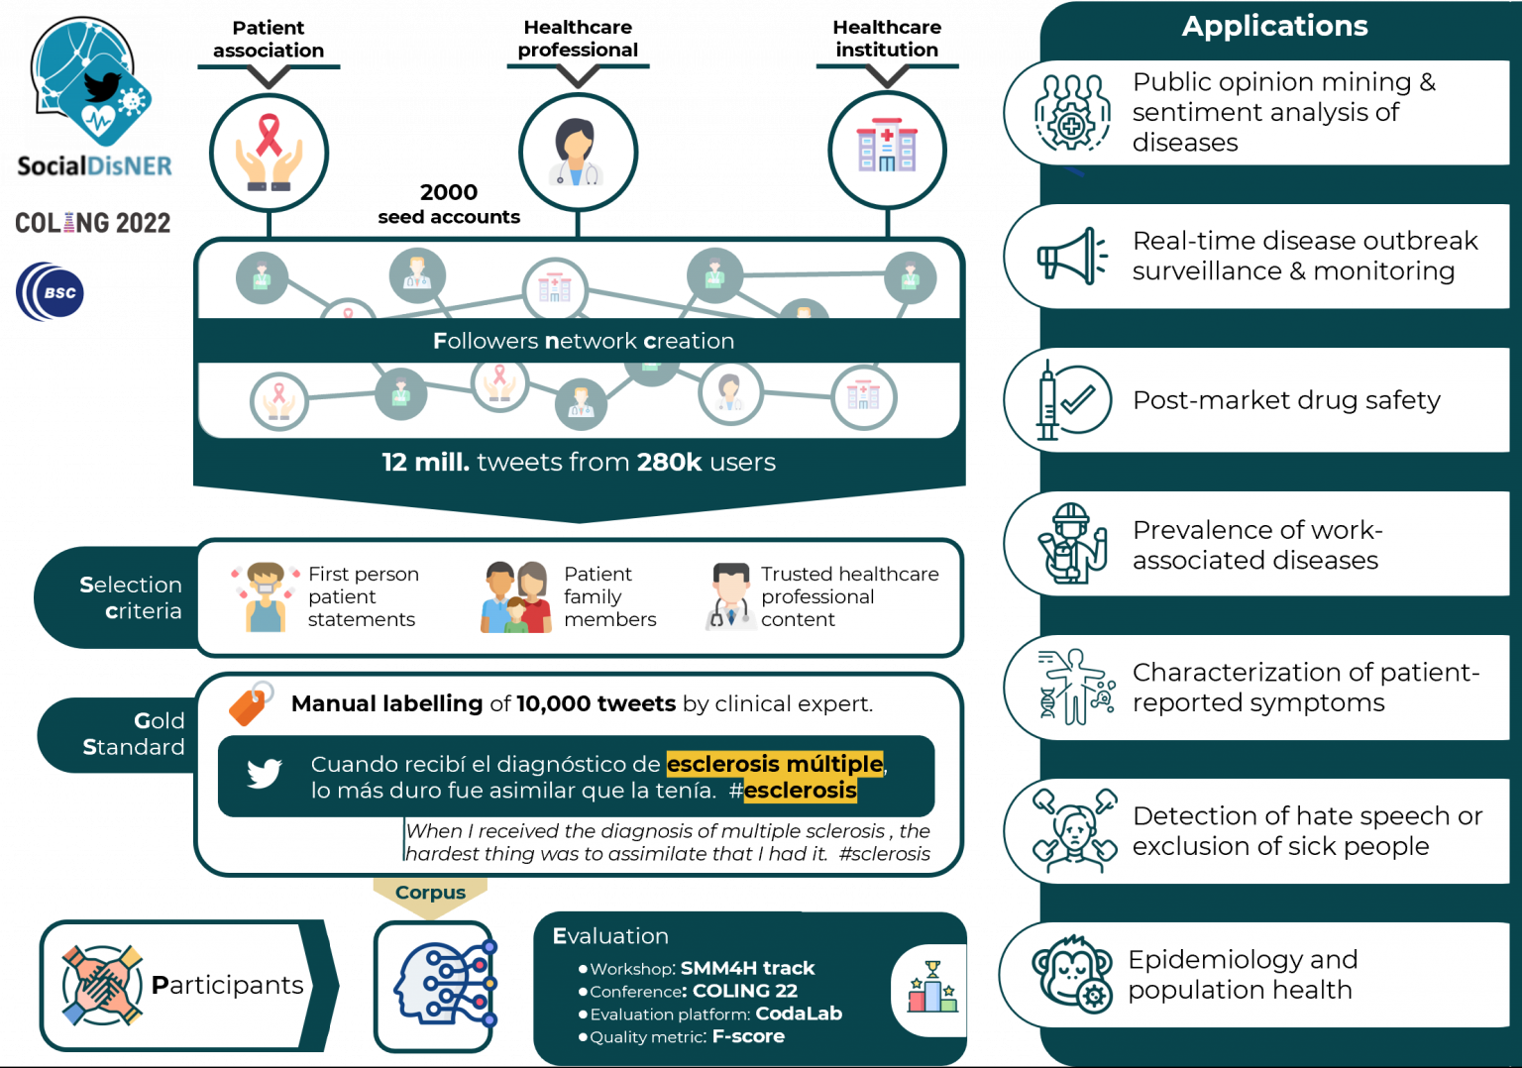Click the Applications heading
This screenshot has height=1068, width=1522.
pos(1274,26)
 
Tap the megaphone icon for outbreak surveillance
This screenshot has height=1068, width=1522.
pos(1071,257)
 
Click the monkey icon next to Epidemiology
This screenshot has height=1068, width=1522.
pos(1071,974)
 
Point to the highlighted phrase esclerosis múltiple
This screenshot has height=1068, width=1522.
pos(774,764)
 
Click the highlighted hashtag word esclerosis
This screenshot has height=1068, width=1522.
pos(800,791)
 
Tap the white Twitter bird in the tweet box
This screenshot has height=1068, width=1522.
pos(265,773)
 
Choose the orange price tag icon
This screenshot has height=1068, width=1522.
pos(251,703)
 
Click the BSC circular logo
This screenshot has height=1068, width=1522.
pos(52,292)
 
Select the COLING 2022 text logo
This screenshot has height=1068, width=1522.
pos(92,223)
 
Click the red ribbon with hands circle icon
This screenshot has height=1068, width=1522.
pos(269,153)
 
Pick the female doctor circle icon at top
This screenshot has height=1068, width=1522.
pos(578,153)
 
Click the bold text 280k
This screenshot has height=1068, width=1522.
pos(669,463)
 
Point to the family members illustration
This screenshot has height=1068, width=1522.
pos(516,597)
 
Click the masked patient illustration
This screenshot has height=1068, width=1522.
pos(266,597)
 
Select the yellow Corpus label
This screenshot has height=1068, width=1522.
pos(430,893)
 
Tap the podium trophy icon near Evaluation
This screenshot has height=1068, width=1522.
pos(932,988)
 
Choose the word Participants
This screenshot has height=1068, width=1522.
pos(227,985)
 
